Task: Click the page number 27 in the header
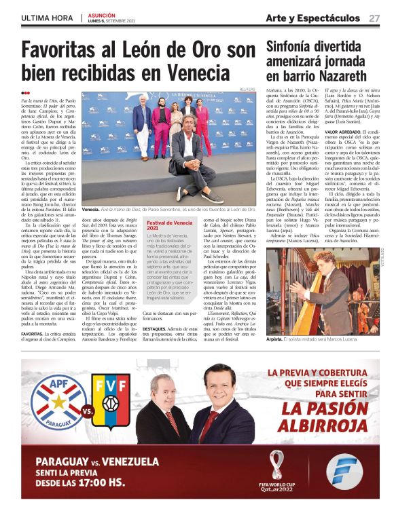pyautogui.click(x=374, y=18)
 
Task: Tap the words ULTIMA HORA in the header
pyautogui.click(x=47, y=18)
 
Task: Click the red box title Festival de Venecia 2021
pyautogui.click(x=166, y=226)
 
